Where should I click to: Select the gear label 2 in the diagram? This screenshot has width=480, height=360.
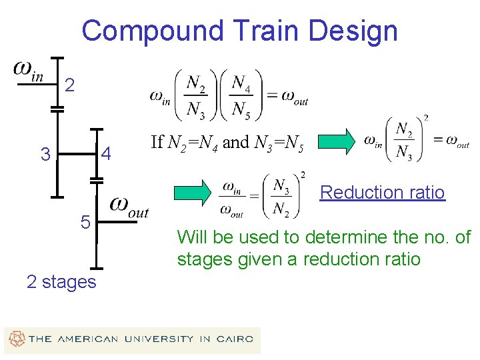71,85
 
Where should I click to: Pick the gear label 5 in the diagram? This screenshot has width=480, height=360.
85,223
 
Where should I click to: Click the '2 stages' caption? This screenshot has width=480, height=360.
61,282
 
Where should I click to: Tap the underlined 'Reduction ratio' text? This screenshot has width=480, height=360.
382,193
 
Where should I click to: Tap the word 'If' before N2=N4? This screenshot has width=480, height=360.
157,142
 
